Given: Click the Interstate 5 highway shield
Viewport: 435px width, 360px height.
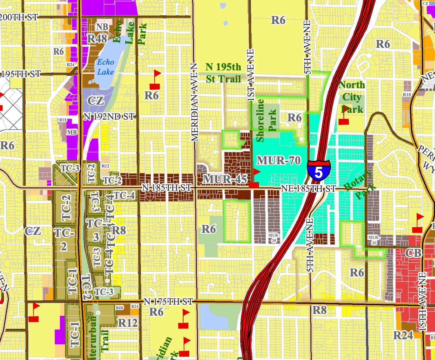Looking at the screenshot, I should (x=319, y=170).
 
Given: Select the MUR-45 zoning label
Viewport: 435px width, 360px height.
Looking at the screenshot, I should (x=225, y=179).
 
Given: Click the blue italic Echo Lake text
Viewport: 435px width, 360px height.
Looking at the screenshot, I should (x=106, y=67).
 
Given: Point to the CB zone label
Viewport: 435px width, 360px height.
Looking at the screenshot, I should (x=414, y=253).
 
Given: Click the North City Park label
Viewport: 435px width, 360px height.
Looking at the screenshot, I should (x=352, y=97).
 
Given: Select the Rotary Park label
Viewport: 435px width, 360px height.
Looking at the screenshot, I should (x=358, y=185).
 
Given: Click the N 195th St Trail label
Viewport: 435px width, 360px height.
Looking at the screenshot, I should (x=223, y=73).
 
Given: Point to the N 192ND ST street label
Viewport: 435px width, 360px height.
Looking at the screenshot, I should (x=109, y=116).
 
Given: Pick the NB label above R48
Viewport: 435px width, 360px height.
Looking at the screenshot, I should (x=102, y=27).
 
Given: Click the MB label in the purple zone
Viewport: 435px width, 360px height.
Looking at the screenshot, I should (x=72, y=132).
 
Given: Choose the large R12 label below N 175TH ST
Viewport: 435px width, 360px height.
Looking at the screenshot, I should (x=127, y=322).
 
